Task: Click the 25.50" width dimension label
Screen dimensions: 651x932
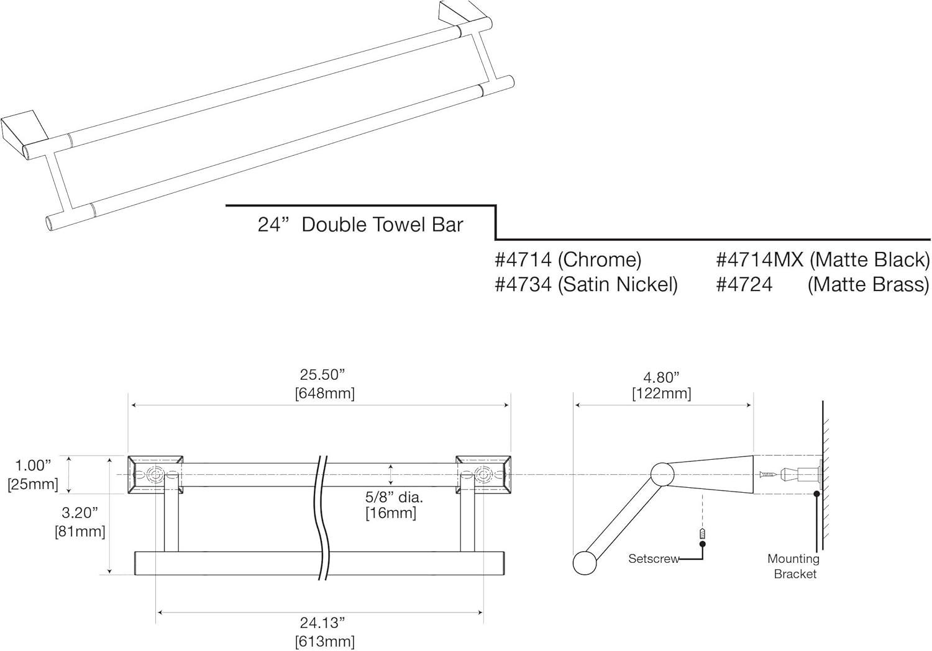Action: [322, 375]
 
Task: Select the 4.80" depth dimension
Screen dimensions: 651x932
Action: [661, 377]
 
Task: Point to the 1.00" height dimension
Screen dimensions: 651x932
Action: [33, 465]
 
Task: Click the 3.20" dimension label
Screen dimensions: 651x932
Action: [80, 513]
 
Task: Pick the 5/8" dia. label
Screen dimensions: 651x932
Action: [394, 497]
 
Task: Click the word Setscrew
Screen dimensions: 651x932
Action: [654, 559]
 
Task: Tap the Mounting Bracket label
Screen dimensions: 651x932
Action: [794, 566]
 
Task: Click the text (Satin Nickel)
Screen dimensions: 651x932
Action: [618, 284]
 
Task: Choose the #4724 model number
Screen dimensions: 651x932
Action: [744, 284]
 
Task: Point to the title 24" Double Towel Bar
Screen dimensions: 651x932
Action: [360, 224]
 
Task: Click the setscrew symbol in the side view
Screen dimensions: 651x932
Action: [703, 533]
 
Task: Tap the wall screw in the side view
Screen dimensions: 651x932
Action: [769, 475]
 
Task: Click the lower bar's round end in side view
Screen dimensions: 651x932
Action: [584, 563]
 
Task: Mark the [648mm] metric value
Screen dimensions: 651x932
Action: [324, 393]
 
